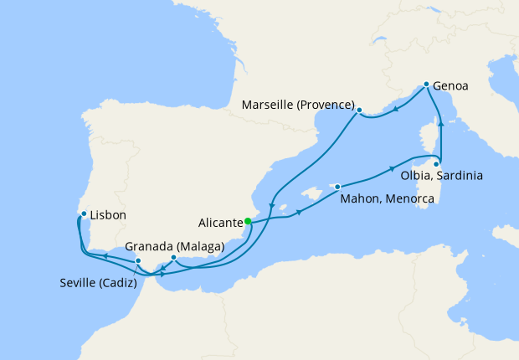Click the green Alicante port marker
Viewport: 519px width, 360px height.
248,222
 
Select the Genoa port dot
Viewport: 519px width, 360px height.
426,85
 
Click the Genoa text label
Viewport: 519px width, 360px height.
451,85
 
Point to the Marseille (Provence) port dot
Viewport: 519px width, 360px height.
359,110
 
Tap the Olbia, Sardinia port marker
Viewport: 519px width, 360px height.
436,164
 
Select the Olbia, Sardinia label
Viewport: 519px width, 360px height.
440,177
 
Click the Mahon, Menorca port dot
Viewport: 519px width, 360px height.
337,187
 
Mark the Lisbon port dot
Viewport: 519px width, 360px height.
84,213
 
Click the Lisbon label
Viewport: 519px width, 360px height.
108,215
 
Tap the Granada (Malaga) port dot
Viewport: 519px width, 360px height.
173,257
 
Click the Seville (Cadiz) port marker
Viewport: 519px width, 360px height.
138,261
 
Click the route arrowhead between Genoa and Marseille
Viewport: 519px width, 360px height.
395,107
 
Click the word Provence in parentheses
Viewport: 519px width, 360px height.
325,105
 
